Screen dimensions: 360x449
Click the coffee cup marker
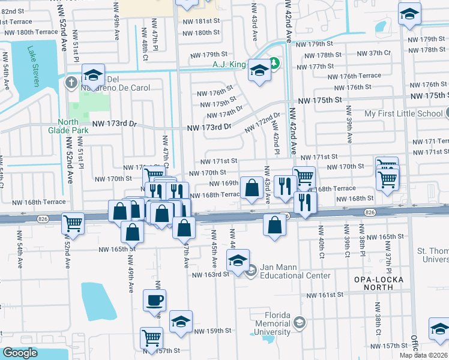tap(154, 300)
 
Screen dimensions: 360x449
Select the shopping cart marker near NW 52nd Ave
tap(73, 223)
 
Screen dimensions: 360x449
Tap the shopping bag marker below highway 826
tap(274, 226)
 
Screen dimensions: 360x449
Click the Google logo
tap(20, 353)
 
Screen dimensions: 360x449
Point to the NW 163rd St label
tap(210, 275)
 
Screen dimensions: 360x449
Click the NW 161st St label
tap(326, 295)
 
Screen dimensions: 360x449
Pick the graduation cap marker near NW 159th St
tap(181, 322)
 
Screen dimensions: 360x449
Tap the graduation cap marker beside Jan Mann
tap(238, 261)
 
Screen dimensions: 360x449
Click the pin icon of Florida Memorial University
tap(299, 323)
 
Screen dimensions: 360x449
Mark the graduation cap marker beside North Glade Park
tap(94, 75)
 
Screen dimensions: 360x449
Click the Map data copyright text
tap(424, 355)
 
